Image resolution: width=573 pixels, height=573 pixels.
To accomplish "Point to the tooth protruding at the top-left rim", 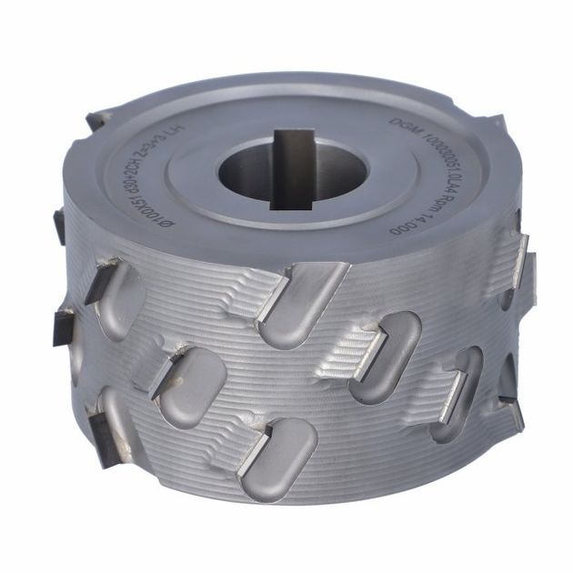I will [x=98, y=118].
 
